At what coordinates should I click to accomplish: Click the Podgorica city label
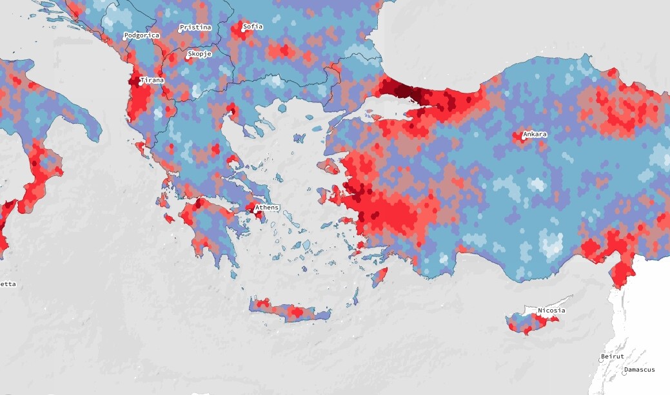(142, 35)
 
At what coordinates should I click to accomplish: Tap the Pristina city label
(196, 28)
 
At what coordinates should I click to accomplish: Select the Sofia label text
(253, 27)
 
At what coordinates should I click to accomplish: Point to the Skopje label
(200, 54)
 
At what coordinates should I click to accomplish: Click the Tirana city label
(153, 81)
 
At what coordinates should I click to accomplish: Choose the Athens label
(267, 207)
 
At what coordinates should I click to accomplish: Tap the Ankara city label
(535, 135)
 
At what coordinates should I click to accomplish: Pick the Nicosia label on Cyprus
(551, 311)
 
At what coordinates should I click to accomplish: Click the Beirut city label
(612, 356)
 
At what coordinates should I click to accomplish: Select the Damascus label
(640, 370)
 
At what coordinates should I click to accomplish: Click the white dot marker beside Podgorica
(126, 38)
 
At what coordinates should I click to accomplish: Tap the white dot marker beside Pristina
(181, 30)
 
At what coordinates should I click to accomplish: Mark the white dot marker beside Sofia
(244, 28)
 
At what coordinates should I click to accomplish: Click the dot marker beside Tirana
(141, 82)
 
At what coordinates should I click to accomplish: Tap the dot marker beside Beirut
(600, 360)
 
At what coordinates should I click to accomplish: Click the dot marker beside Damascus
(624, 372)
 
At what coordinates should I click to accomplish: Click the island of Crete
(290, 312)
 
